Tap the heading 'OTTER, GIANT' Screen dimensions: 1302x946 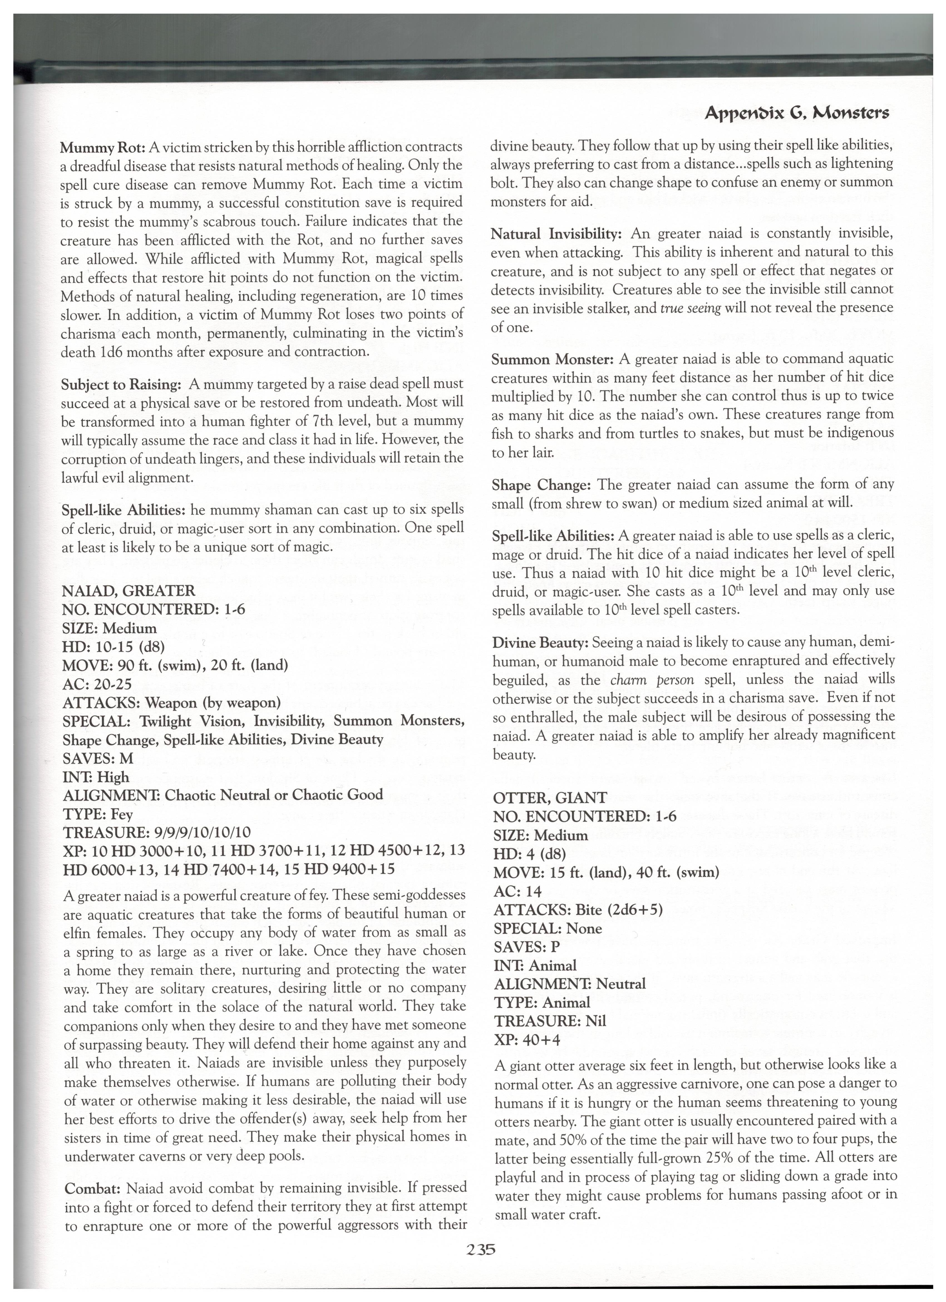point(550,797)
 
